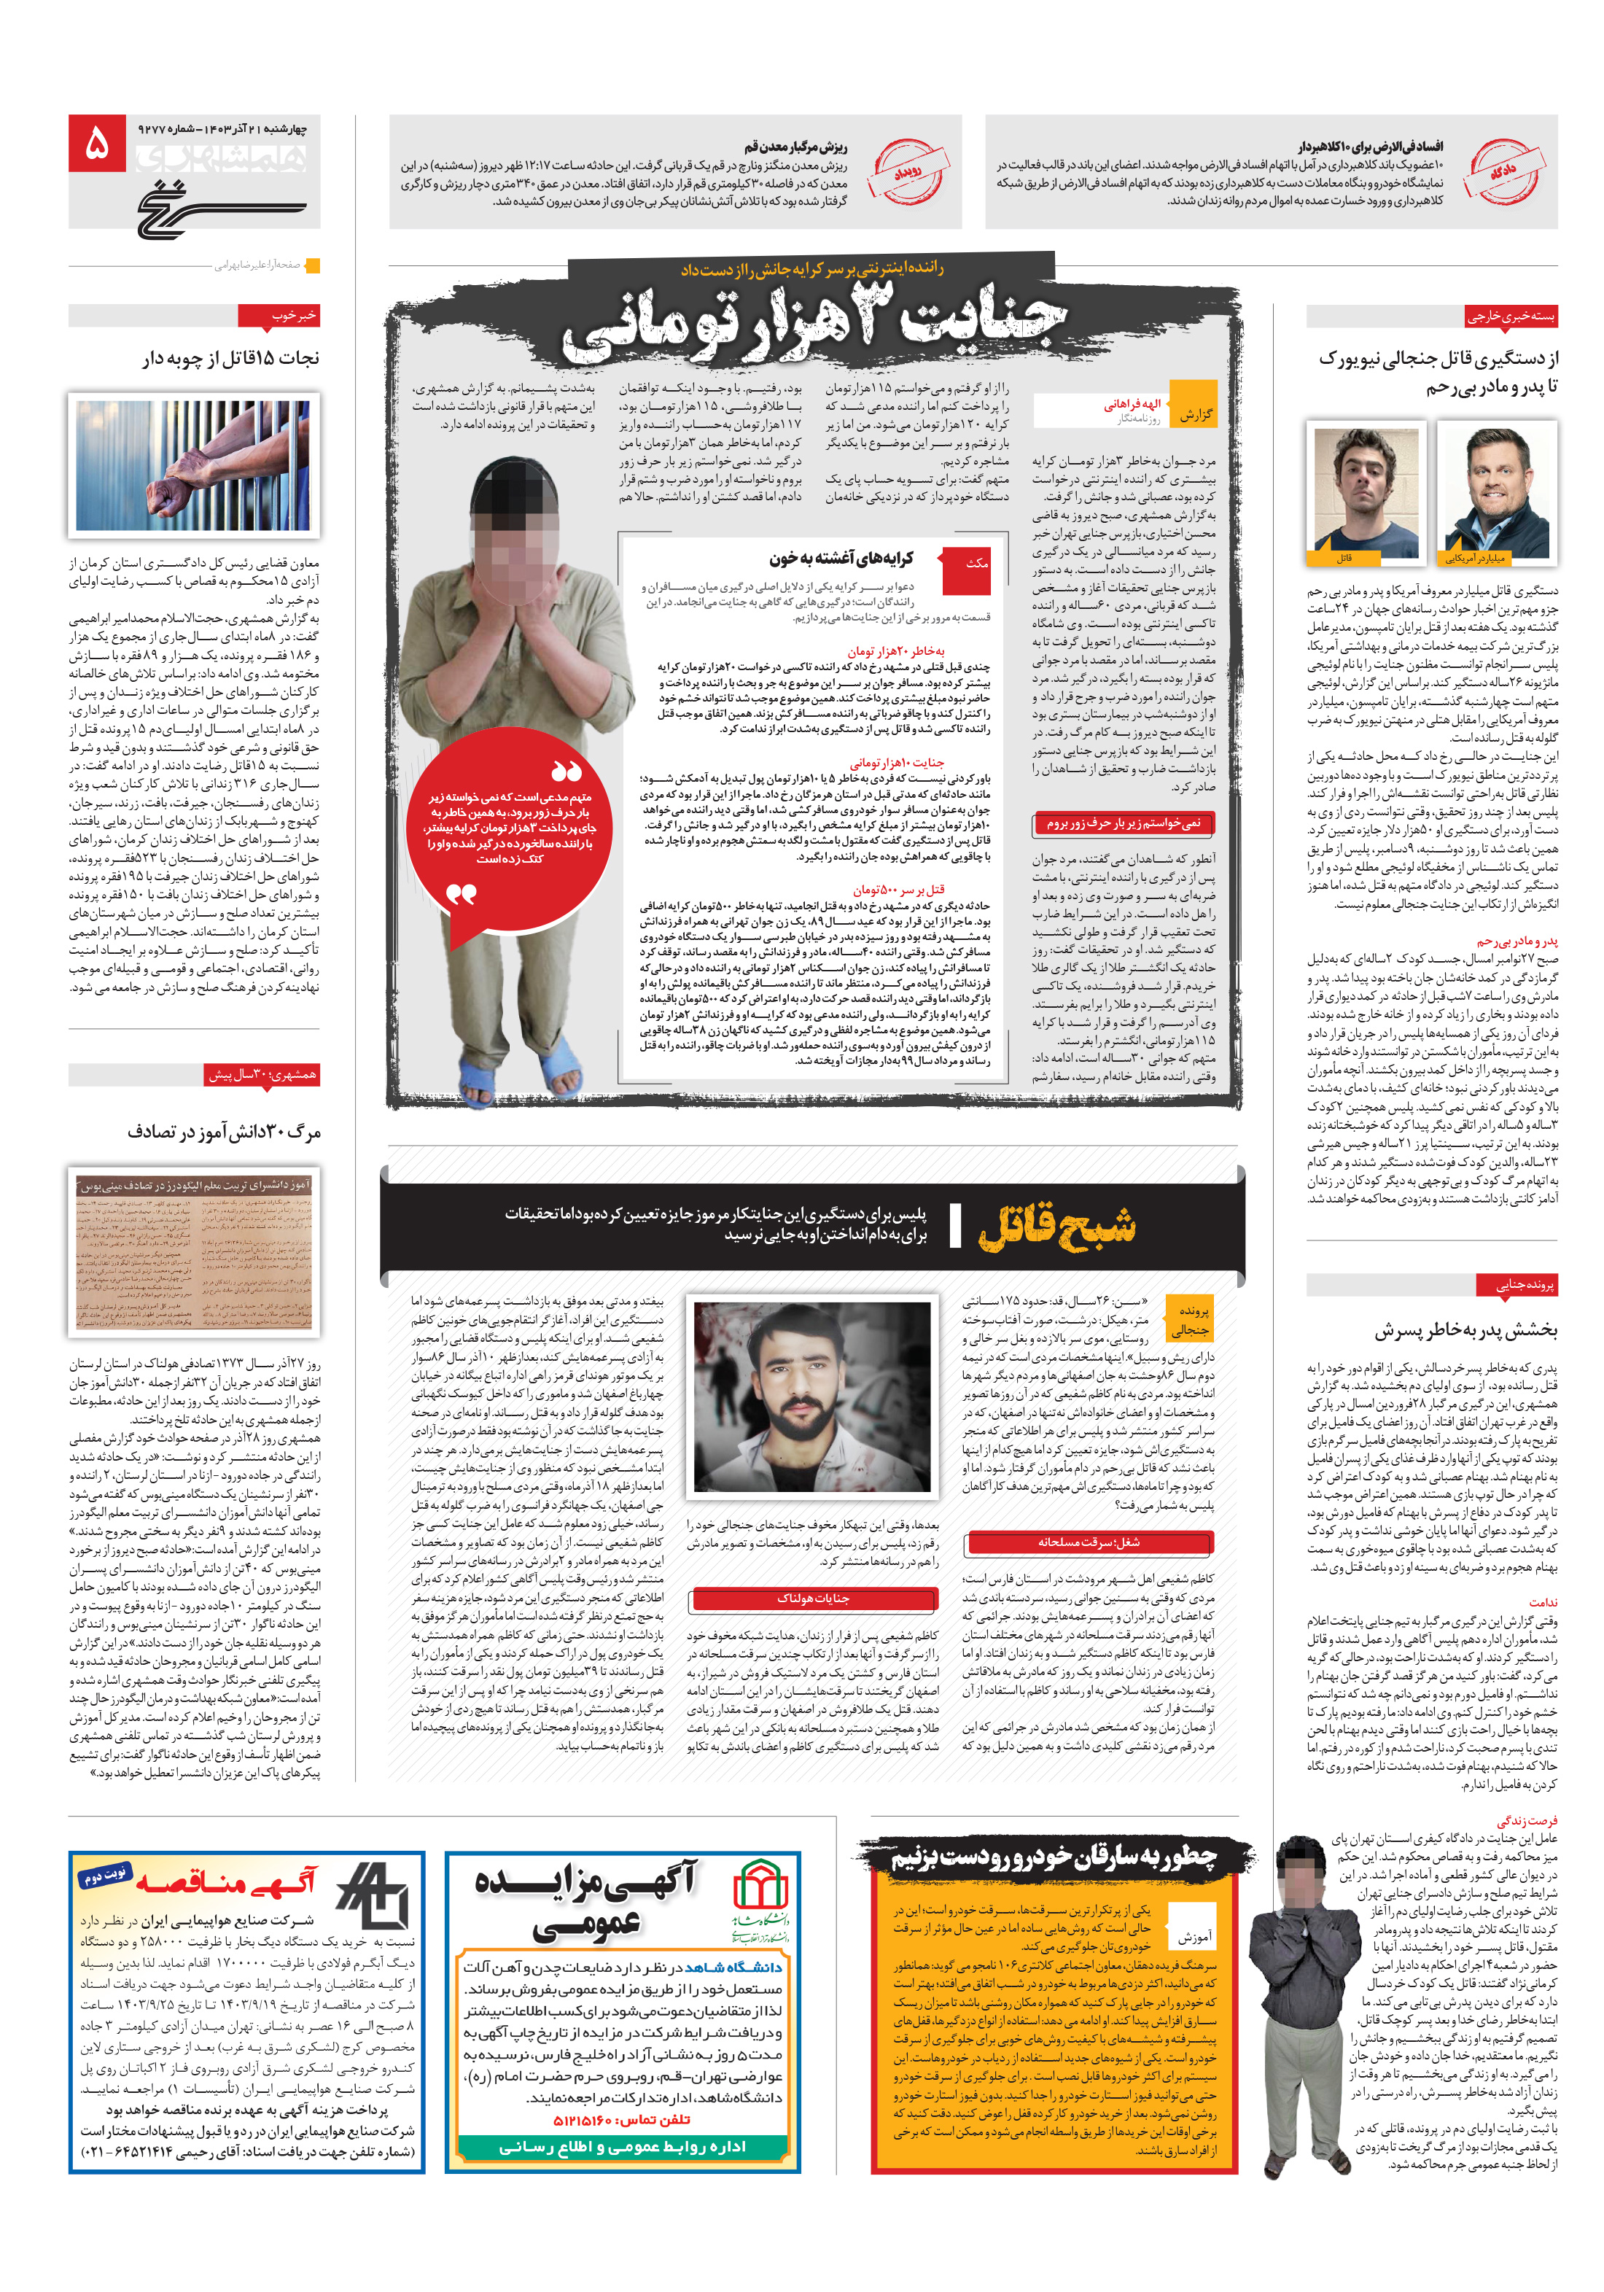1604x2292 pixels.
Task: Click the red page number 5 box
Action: point(98,143)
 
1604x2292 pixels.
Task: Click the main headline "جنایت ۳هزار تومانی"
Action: point(814,325)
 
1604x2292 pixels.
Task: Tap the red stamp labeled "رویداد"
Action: point(906,171)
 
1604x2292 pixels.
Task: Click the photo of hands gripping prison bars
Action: point(195,465)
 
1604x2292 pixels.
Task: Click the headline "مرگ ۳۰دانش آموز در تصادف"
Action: point(224,1132)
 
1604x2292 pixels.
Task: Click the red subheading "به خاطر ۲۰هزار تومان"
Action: point(895,651)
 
